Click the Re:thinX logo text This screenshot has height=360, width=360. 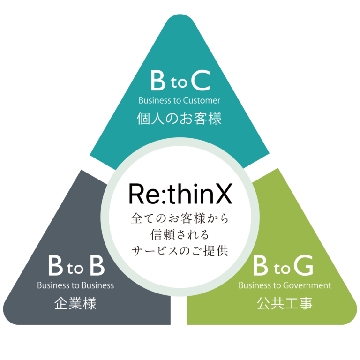(x=180, y=194)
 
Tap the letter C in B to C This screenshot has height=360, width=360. (x=201, y=80)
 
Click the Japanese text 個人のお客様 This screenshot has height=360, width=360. (x=179, y=118)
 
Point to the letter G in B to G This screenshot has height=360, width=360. (x=304, y=265)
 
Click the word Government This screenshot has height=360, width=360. (x=307, y=285)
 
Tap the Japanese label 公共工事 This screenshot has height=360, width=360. (x=285, y=303)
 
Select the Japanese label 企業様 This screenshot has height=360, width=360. (x=75, y=303)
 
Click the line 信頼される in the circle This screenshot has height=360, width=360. (x=180, y=234)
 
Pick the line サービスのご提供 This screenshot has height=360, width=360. (x=180, y=251)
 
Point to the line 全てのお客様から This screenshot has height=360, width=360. (x=180, y=218)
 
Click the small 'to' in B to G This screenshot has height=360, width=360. (x=282, y=268)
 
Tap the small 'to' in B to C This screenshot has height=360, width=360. (x=179, y=82)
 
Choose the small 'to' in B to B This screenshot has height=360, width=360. (x=75, y=268)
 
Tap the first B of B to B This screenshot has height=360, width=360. (x=55, y=265)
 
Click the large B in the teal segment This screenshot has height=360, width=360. (x=158, y=80)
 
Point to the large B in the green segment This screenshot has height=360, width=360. (x=261, y=265)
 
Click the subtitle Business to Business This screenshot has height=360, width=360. (x=75, y=285)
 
